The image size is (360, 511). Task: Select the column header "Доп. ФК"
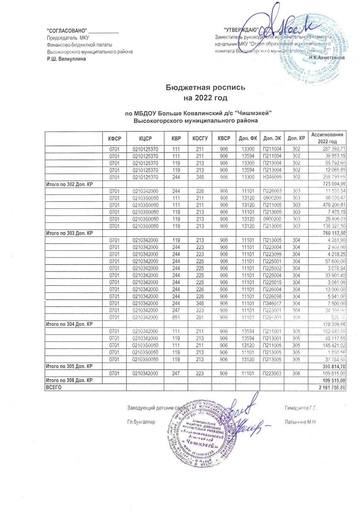(x=248, y=138)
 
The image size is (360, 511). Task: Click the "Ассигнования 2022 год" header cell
(x=327, y=138)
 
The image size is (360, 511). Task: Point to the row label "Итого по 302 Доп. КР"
(x=69, y=184)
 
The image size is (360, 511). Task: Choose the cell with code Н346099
(x=272, y=177)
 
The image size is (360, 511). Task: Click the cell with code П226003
(x=272, y=191)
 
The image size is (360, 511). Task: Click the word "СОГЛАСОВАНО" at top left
(x=66, y=32)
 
